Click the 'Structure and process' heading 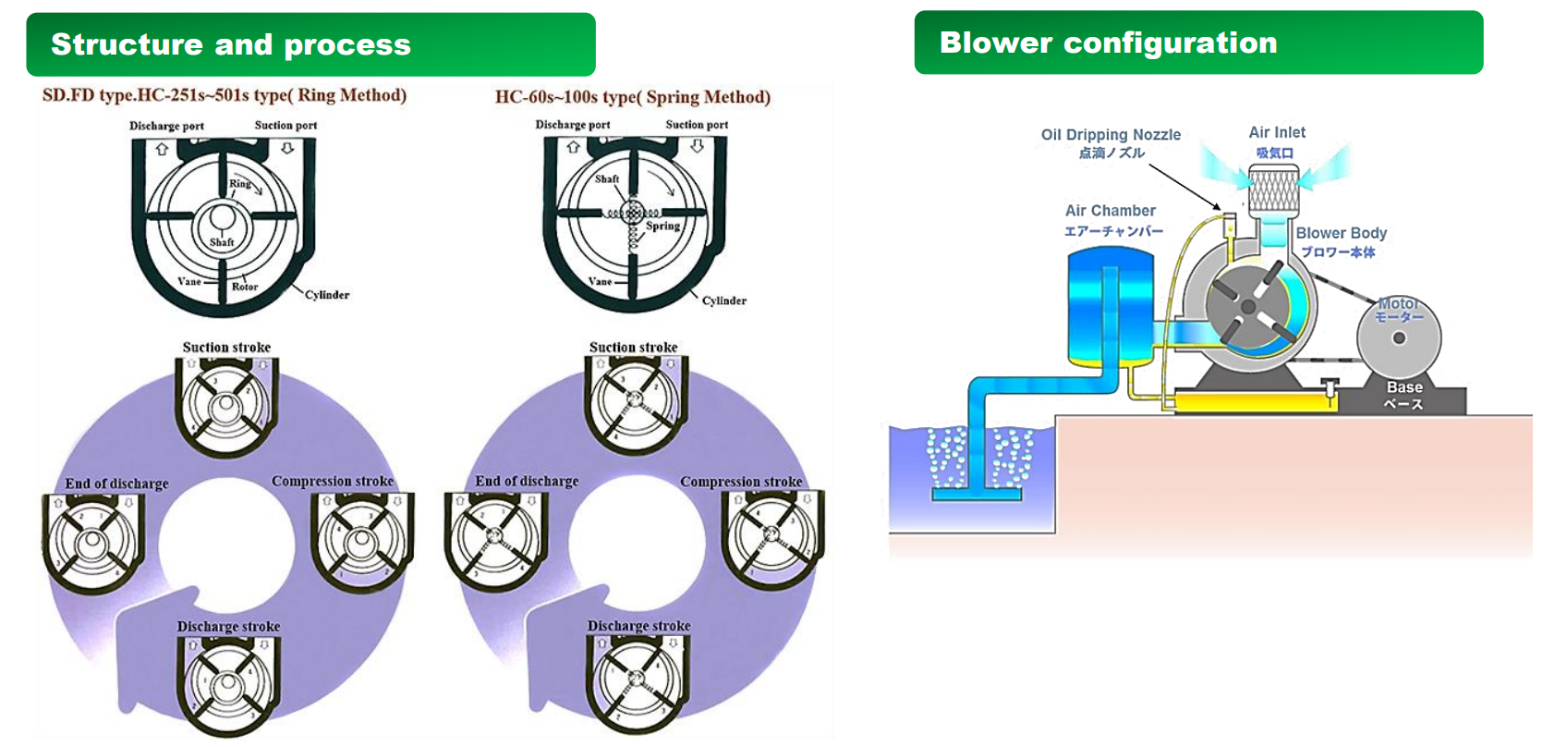[231, 44]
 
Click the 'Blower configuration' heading [1108, 43]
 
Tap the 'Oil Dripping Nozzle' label [1111, 135]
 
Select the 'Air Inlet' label [1277, 133]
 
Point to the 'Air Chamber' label [1110, 211]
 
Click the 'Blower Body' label [1341, 233]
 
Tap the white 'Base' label [1403, 387]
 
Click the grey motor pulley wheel [1399, 338]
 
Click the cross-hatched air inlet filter [1273, 190]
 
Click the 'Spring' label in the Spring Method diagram [662, 226]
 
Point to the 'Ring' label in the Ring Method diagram [240, 184]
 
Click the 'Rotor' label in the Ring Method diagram [245, 287]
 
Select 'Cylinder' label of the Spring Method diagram [723, 300]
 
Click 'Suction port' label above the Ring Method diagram [285, 125]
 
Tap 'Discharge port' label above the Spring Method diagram [573, 124]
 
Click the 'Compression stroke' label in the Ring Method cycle [333, 482]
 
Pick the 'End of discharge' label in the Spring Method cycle [527, 482]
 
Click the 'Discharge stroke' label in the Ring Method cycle [228, 627]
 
